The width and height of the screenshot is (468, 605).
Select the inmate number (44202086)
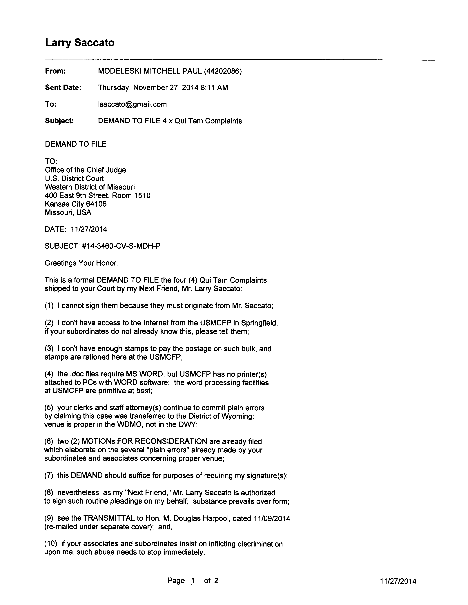pyautogui.click(x=223, y=72)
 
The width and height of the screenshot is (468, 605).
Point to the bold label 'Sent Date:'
pyautogui.click(x=63, y=88)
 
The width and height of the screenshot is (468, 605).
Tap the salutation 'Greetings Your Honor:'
pyautogui.click(x=81, y=263)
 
